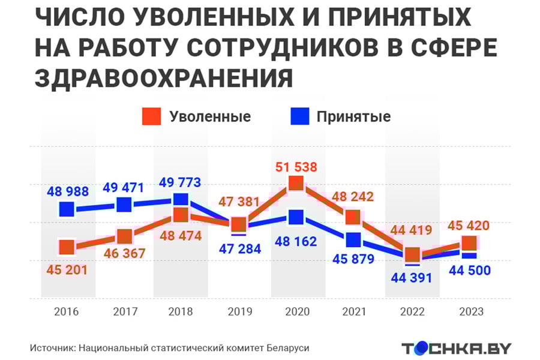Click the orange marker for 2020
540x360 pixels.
pyautogui.click(x=296, y=184)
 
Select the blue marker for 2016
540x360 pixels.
pyautogui.click(x=67, y=209)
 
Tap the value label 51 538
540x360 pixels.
pyautogui.click(x=296, y=167)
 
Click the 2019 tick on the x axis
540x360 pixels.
pyautogui.click(x=239, y=312)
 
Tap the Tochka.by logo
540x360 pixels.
pyautogui.click(x=456, y=348)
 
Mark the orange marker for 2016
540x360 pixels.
pyautogui.click(x=67, y=247)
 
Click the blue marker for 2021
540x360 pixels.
pyautogui.click(x=353, y=239)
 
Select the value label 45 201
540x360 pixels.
pyautogui.click(x=67, y=270)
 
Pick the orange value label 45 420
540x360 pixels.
pyautogui.click(x=469, y=226)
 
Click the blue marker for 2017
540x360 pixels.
pyautogui.click(x=124, y=205)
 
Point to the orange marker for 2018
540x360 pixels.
pyautogui.click(x=181, y=215)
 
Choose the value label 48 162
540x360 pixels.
pyautogui.click(x=296, y=242)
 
